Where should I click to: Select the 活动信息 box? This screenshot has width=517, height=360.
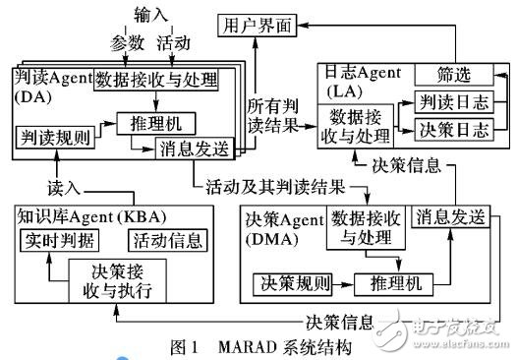tap(170, 238)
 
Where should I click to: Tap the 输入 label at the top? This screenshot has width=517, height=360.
tap(145, 13)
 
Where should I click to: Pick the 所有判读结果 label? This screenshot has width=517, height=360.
tap(278, 109)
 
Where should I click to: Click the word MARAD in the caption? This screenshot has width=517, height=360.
tap(247, 347)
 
